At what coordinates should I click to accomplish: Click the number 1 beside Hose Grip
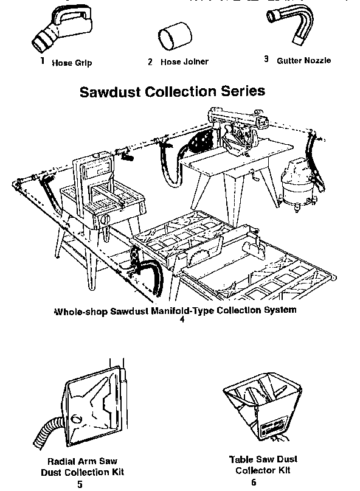pyautogui.click(x=43, y=61)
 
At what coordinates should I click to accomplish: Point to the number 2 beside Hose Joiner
pyautogui.click(x=150, y=61)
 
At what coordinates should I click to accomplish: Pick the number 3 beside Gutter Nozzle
pyautogui.click(x=266, y=59)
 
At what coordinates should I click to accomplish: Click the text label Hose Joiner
pyautogui.click(x=184, y=61)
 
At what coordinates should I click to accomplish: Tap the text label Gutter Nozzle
pyautogui.click(x=303, y=60)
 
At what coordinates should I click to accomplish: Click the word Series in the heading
pyautogui.click(x=243, y=91)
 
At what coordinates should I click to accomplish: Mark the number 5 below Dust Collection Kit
pyautogui.click(x=80, y=484)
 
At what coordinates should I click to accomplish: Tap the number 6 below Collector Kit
pyautogui.click(x=254, y=482)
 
